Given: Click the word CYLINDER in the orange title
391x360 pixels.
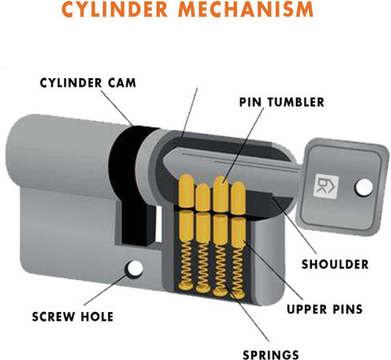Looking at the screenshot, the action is coord(115,9).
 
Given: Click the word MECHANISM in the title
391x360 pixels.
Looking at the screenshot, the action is coord(246,9).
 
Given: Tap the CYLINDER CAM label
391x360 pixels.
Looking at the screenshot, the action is coord(88,83).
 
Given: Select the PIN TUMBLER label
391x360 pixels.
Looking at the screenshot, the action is coord(282,102).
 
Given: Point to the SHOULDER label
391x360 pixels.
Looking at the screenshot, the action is coord(335,264).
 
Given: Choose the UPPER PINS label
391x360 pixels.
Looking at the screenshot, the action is coord(324,309).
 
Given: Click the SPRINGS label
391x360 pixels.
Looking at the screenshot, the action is coord(270,355).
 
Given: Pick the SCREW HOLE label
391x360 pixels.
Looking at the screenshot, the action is coord(72,317).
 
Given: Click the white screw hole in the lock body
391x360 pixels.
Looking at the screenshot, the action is coord(134,268).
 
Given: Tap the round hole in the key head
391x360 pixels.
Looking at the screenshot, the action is coord(364,187).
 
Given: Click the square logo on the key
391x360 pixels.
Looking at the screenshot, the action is coord(326,186).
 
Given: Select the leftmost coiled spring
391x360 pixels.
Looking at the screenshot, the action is coord(186,262).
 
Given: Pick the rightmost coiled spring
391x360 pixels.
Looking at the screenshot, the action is coord(238,270).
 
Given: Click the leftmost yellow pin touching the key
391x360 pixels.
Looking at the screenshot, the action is coord(187,191).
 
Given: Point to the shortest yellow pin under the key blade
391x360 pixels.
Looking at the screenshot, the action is coord(203,197).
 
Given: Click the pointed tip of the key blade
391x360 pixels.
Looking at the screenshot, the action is coord(164,163).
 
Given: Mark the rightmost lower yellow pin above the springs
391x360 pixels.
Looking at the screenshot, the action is coord(238,232).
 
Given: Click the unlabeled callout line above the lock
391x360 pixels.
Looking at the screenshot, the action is coord(190,112).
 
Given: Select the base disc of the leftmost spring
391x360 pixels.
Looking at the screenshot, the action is coord(186,286).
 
